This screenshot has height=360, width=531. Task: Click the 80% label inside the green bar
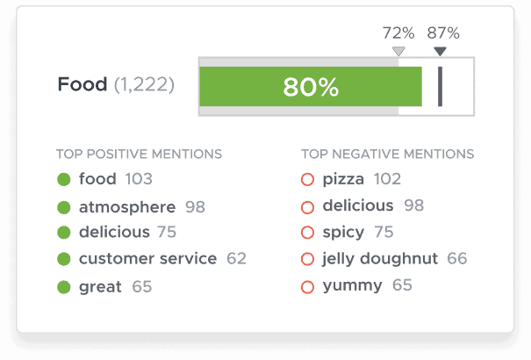(311, 87)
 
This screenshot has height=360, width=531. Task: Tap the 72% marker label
(398, 33)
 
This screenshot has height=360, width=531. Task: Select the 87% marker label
(443, 33)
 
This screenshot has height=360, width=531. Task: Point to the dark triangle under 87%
(441, 52)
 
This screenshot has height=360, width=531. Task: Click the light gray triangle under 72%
(399, 52)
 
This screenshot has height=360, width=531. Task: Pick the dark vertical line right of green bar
(440, 86)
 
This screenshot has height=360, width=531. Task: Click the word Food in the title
(83, 85)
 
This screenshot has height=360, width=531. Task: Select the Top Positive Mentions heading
(140, 155)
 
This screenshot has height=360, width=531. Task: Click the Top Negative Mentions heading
(387, 155)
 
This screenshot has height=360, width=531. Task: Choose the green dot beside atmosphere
(63, 208)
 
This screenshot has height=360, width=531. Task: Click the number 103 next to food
(139, 179)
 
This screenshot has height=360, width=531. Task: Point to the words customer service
(147, 258)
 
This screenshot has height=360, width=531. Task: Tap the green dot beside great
(63, 287)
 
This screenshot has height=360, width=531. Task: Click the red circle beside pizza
(307, 180)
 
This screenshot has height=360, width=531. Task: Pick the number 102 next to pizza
(387, 179)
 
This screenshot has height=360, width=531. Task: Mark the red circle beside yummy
(307, 286)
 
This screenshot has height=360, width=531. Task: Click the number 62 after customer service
(236, 258)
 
